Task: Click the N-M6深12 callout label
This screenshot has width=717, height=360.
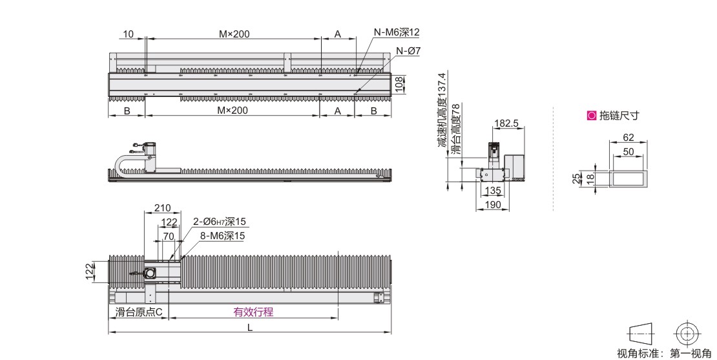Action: (x=396, y=32)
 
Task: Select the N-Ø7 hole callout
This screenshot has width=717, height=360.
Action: (x=408, y=51)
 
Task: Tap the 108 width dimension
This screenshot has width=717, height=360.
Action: (x=400, y=85)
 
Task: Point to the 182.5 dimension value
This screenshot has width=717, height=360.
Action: (x=506, y=123)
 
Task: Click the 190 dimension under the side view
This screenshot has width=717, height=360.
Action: (x=492, y=204)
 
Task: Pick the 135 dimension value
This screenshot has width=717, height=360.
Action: (x=493, y=191)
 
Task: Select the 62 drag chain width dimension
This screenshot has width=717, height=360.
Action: (x=629, y=137)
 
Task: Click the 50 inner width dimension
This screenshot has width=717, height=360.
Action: (x=629, y=151)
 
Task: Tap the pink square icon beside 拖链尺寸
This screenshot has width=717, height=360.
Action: (x=592, y=116)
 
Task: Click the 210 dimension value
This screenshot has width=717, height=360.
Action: (x=162, y=208)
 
